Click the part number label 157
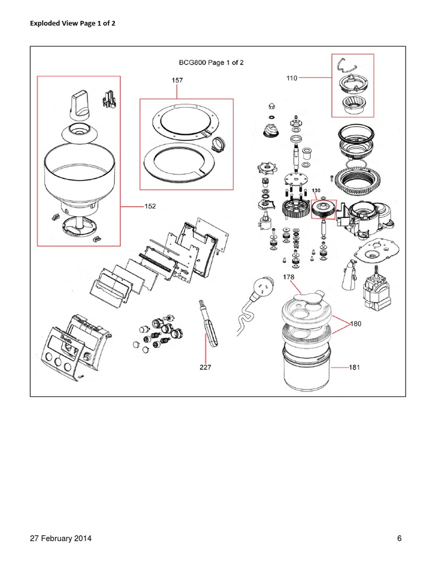click(x=177, y=80)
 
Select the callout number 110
click(x=292, y=78)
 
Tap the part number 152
click(x=150, y=206)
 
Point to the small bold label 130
click(x=316, y=190)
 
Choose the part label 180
click(x=356, y=324)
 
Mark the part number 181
click(x=354, y=367)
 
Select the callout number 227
click(x=206, y=368)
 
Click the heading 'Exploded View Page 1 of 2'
click(x=69, y=24)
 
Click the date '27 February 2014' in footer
click(x=60, y=538)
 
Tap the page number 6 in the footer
click(x=399, y=538)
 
